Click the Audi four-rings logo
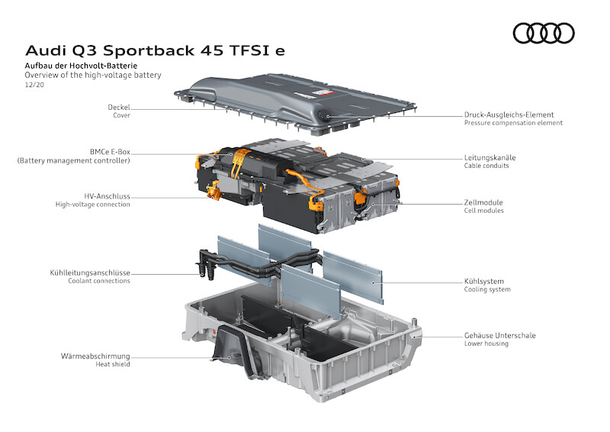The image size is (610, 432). (x=544, y=33)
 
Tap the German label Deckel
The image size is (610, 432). (x=119, y=107)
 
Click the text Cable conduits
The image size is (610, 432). (x=486, y=166)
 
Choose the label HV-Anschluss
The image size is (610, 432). (x=108, y=195)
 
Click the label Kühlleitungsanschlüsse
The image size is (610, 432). (x=90, y=272)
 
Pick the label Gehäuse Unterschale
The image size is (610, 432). (x=500, y=335)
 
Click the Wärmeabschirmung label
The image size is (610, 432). (x=95, y=356)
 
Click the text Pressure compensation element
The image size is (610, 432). (x=513, y=123)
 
